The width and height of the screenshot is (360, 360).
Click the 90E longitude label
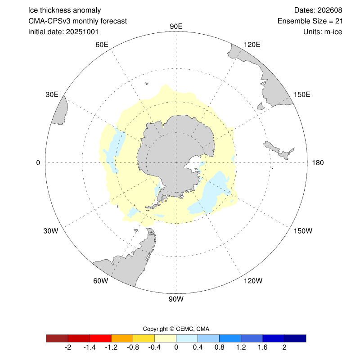click(176, 26)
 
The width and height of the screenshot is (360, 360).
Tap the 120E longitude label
click(252, 44)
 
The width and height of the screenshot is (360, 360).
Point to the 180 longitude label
click(318, 162)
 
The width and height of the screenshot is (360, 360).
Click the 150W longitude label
click(302, 231)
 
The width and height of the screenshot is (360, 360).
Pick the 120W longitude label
click(252, 281)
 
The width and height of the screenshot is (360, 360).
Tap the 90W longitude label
click(176, 299)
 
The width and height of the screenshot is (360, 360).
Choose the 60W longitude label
click(101, 281)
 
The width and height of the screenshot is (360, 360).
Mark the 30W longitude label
click(51, 231)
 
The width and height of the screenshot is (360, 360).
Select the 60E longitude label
click(102, 44)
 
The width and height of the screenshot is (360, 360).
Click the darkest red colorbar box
click(57, 338)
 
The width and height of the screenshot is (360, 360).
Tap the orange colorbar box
click(122, 338)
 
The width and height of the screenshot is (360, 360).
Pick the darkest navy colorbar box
click(295, 338)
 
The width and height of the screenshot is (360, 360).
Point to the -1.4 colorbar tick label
click(90, 347)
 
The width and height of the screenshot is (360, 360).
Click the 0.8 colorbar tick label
click(220, 347)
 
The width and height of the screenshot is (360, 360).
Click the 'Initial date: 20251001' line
click(63, 32)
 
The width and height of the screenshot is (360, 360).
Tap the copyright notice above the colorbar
click(176, 328)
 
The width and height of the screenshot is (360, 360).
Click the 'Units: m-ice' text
click(323, 32)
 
